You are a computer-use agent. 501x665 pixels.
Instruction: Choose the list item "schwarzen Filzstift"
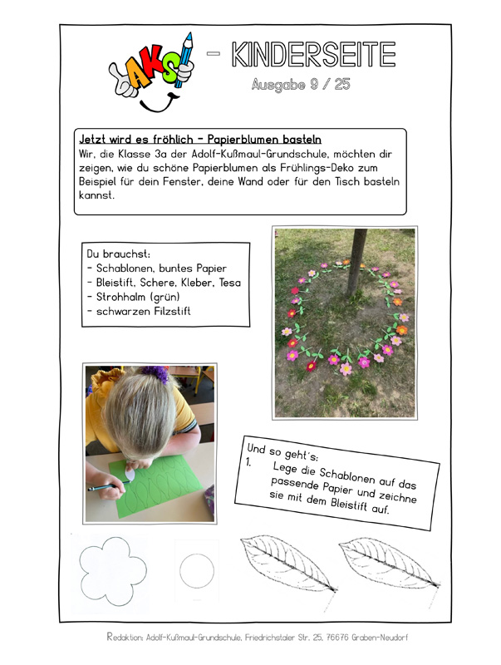click(144, 312)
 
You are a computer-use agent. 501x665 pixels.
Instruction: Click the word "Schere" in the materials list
click(160, 283)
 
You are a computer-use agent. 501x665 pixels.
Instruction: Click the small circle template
click(197, 571)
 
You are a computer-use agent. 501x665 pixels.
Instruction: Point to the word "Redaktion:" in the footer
click(127, 638)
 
